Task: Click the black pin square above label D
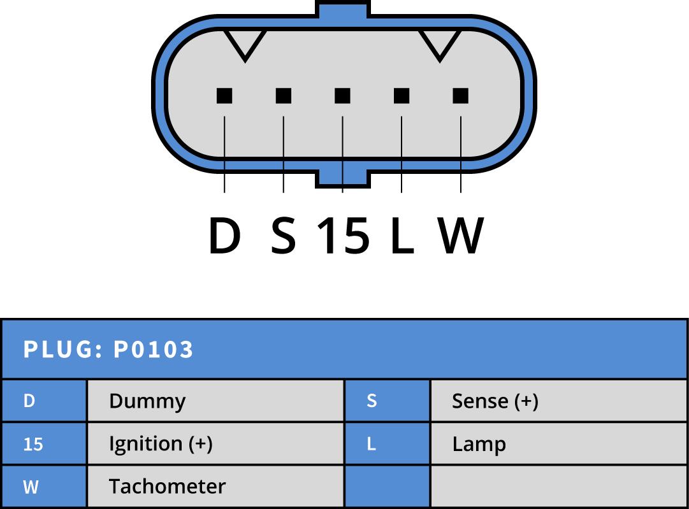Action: click(224, 96)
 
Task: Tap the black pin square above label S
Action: click(284, 96)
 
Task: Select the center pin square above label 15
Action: click(342, 96)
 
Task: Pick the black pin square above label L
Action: click(402, 96)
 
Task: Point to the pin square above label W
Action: click(461, 96)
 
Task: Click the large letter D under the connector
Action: click(224, 236)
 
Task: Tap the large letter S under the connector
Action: click(284, 236)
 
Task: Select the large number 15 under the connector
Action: click(343, 236)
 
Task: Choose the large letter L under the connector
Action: click(401, 236)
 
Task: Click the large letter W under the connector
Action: click(461, 236)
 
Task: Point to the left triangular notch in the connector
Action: click(245, 43)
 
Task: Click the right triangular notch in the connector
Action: click(440, 43)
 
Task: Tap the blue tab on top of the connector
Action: click(342, 10)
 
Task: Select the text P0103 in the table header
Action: click(153, 349)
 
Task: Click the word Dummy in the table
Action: click(147, 401)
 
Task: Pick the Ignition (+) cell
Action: click(215, 443)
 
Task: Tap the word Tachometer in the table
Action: click(167, 486)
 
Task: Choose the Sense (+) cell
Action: click(558, 401)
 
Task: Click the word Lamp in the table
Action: click(479, 443)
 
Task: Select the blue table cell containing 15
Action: click(44, 443)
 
